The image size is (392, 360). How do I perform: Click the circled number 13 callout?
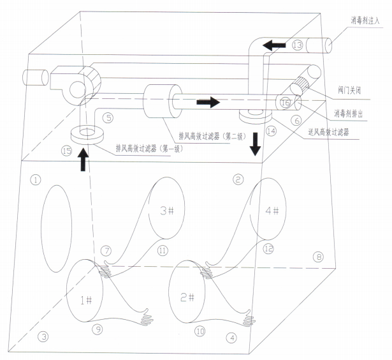[298, 45]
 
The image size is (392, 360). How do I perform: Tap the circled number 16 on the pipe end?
[286, 103]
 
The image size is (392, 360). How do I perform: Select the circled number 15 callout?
[67, 151]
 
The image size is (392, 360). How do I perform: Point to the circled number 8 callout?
[319, 257]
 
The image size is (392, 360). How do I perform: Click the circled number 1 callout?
[36, 180]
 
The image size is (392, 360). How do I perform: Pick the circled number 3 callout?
[43, 337]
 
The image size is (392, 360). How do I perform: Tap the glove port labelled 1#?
[85, 291]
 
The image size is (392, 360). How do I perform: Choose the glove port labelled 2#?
[187, 292]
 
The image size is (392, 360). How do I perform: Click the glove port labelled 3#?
[167, 208]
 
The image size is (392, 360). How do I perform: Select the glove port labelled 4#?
[268, 209]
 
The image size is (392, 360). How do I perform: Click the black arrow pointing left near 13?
[274, 45]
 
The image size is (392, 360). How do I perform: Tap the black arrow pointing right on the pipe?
[208, 102]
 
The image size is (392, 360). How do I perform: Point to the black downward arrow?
[255, 144]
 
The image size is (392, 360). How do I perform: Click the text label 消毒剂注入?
[365, 20]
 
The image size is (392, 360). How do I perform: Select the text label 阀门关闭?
[349, 90]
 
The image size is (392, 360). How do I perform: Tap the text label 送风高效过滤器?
[328, 131]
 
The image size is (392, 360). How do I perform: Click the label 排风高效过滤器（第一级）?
[149, 149]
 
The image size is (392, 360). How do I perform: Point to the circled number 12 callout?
[268, 249]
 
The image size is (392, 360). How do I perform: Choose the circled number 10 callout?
[200, 331]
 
